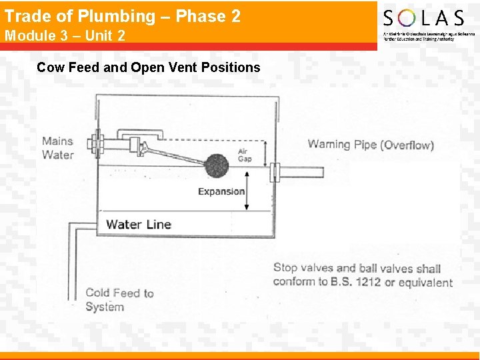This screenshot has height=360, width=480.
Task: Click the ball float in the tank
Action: coord(217,165)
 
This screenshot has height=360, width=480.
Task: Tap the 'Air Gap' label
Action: coord(245,155)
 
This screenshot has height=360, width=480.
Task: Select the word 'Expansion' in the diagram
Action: coord(221,191)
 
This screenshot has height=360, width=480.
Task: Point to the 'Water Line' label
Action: coord(139,224)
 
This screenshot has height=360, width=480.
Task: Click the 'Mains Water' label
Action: coord(57,148)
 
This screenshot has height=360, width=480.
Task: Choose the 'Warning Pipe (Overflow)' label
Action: coord(371,145)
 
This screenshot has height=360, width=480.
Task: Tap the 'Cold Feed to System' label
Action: coord(119,300)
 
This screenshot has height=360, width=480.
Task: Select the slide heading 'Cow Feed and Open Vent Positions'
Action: coord(149,67)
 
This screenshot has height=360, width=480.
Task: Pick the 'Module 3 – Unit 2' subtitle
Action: coord(65,35)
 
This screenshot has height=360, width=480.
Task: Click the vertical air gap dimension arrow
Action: coord(265,153)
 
